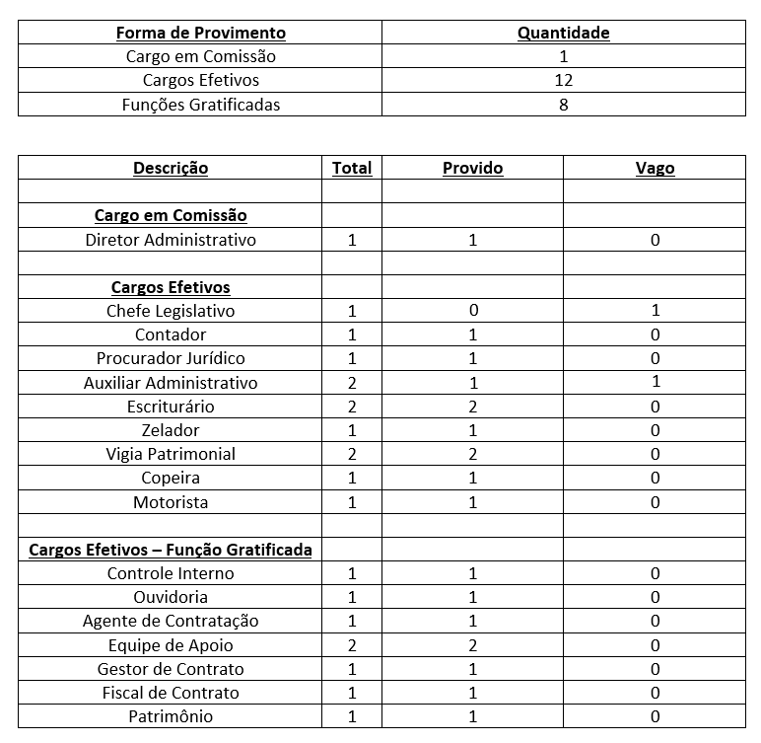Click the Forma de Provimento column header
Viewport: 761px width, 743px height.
200,33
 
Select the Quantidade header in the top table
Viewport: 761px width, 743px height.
563,33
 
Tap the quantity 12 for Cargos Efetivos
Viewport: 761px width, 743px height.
563,80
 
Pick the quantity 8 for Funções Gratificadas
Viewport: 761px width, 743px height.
563,104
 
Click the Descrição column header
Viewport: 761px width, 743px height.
171,168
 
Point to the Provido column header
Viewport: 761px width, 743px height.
472,168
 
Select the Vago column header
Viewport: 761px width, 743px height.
655,168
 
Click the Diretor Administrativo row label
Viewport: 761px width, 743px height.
171,240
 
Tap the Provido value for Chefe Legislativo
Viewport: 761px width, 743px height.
472,311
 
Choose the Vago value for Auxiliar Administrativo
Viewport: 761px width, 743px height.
655,382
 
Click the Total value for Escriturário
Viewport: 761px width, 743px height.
352,407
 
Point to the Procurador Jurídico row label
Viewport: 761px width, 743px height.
171,358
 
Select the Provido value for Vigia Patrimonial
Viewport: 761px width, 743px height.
472,454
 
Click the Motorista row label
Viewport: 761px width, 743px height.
171,502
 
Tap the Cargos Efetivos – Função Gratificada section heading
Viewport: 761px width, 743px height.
171,550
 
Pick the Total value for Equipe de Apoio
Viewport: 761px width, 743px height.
352,645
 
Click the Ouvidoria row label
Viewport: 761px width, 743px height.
171,597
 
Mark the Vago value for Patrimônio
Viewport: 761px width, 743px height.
655,716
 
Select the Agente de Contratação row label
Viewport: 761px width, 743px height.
171,621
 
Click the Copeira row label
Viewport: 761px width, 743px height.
171,478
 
